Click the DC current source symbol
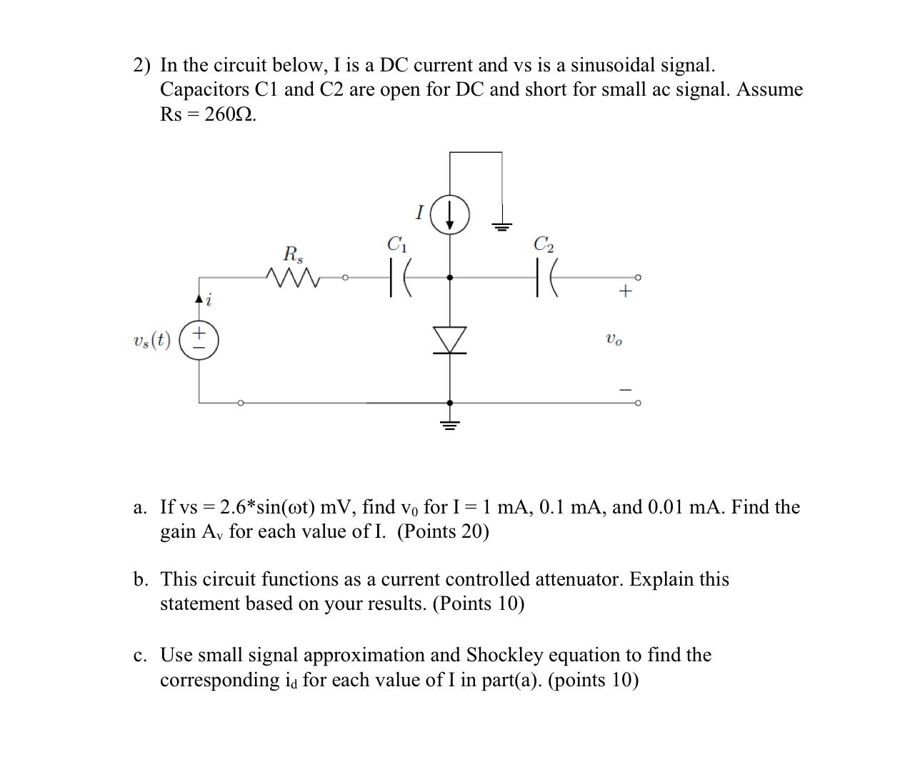coord(449,215)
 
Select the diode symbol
coord(450,340)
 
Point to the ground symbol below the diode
coord(450,424)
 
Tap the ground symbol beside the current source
coord(501,227)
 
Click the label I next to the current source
coord(420,212)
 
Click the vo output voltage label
coord(614,339)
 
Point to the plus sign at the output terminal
coord(625,291)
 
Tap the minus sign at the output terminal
coord(625,390)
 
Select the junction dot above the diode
coord(450,277)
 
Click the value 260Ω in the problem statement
coord(230,114)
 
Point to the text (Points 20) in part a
coord(443,531)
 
